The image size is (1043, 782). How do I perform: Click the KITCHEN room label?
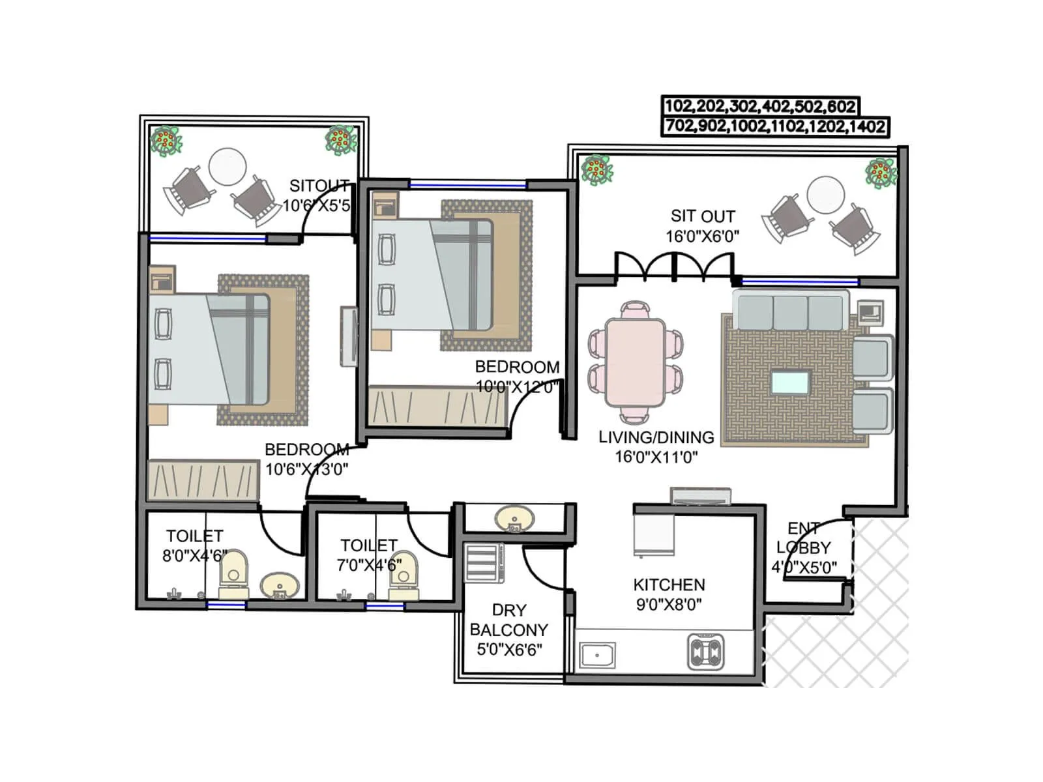tap(669, 585)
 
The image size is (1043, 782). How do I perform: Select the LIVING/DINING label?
tap(656, 437)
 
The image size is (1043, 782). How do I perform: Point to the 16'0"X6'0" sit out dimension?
tap(702, 237)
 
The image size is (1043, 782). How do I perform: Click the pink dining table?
tap(635, 362)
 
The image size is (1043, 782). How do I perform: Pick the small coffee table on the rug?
tap(790, 383)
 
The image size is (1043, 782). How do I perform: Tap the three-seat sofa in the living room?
tap(790, 311)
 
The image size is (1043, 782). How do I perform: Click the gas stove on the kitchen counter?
tap(705, 652)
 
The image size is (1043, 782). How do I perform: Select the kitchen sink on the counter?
tap(598, 655)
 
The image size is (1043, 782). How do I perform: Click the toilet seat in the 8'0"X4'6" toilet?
tap(233, 573)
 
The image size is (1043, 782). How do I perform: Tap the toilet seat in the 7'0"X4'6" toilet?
tap(403, 573)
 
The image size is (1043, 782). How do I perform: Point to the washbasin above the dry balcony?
tap(514, 519)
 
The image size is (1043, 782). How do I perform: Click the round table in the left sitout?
tap(228, 167)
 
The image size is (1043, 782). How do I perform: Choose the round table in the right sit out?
tap(825, 195)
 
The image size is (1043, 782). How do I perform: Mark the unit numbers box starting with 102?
tap(759, 106)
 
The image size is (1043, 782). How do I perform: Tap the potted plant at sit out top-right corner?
tap(880, 173)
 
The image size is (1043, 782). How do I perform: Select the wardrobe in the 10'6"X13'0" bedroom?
tap(203, 480)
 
